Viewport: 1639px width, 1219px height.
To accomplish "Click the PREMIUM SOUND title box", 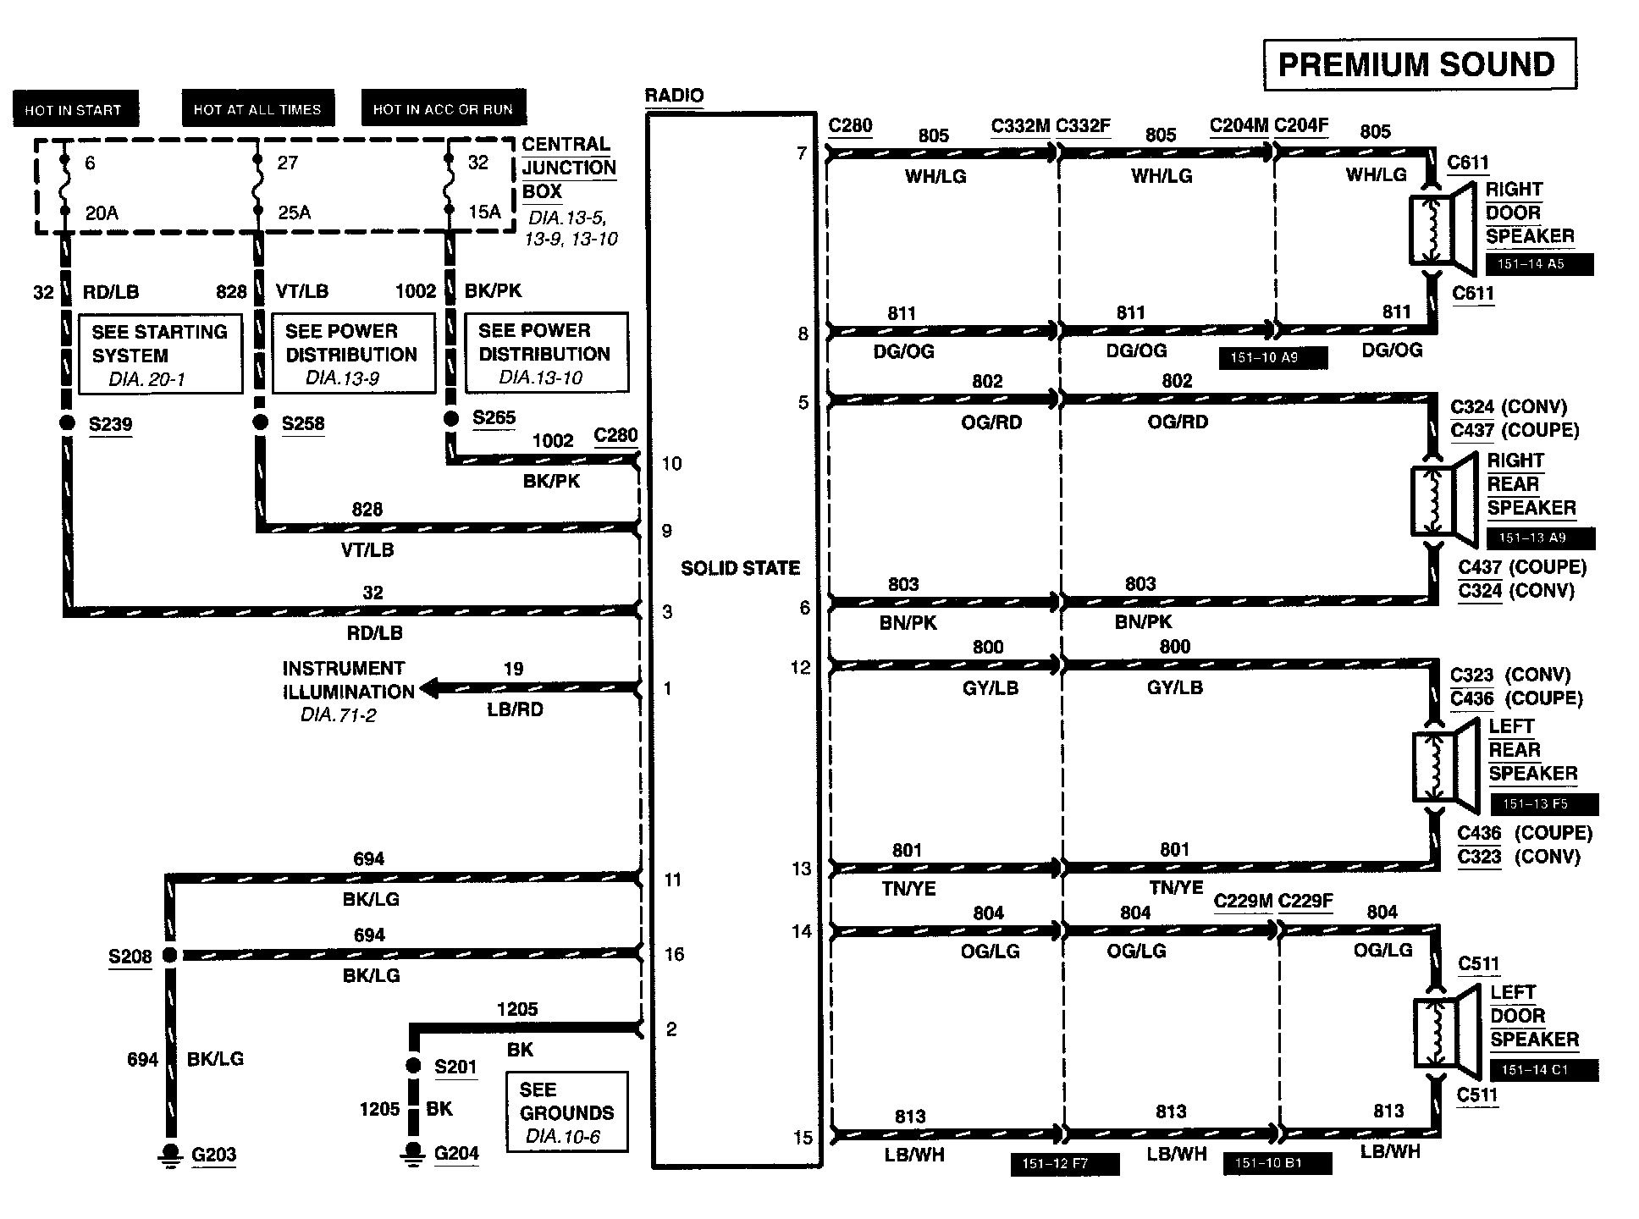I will (x=1419, y=64).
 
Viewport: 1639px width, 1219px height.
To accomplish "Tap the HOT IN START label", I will (x=74, y=110).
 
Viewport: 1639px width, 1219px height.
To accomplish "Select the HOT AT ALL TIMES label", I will (x=257, y=109).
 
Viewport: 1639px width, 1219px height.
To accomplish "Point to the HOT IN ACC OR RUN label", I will (x=443, y=109).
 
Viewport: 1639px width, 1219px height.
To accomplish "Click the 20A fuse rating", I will (x=102, y=213).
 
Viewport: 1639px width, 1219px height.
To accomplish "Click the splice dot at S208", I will (x=170, y=956).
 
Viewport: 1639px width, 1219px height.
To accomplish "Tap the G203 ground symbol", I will (x=171, y=1155).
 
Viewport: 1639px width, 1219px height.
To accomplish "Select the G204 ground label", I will (x=456, y=1153).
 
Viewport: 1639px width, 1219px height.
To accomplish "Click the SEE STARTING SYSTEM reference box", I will (x=160, y=354).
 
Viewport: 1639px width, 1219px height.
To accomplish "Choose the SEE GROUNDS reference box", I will (x=566, y=1112).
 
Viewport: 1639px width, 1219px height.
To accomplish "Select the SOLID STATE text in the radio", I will (x=740, y=568).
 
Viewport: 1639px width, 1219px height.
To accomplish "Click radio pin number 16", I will (x=674, y=955).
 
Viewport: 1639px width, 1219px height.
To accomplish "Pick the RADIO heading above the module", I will (x=674, y=96).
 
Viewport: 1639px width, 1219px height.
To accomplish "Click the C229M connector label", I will (x=1243, y=901).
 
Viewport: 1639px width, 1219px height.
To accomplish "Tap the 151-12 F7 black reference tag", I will (x=1065, y=1164).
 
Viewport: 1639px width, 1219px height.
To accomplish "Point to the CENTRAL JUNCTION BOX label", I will (x=568, y=168).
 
